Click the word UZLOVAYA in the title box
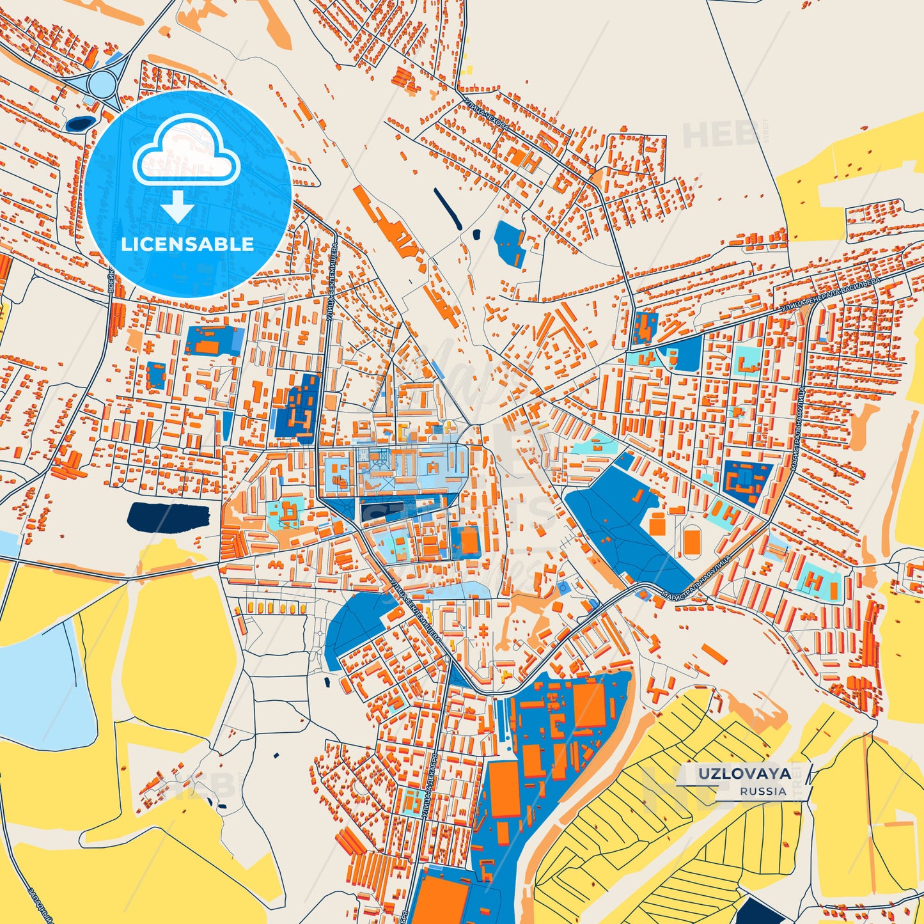click(x=744, y=774)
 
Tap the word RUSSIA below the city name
click(x=763, y=791)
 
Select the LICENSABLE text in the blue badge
click(x=187, y=244)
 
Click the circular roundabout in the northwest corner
click(x=102, y=82)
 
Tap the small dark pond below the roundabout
click(x=80, y=123)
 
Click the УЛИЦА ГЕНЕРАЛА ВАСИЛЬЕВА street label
click(x=831, y=295)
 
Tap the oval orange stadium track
click(x=691, y=541)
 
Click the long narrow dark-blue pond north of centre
click(x=448, y=208)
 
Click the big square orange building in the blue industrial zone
click(x=589, y=705)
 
